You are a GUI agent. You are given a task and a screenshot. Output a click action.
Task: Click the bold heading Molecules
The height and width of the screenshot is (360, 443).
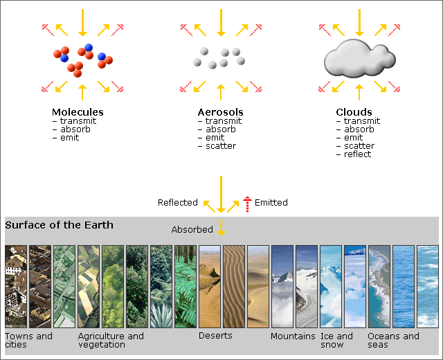coord(78,112)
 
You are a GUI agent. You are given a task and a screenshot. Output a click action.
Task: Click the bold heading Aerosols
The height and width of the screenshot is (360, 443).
coord(220,112)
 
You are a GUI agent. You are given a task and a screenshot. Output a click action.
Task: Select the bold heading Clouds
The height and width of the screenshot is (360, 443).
coord(354,112)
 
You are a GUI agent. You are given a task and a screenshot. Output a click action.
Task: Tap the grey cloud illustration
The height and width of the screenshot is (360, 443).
coord(359,58)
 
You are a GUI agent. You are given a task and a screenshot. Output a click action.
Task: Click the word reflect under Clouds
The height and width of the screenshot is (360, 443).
coord(357,154)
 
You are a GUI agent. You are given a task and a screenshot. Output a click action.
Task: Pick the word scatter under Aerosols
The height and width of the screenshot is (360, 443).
coord(221,146)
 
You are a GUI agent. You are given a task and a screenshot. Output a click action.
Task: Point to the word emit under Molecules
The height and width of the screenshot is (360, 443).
coord(69,138)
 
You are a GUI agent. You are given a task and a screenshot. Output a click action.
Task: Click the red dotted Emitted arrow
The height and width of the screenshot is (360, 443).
coord(247,204)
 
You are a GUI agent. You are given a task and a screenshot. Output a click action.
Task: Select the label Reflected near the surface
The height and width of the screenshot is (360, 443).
coord(178,203)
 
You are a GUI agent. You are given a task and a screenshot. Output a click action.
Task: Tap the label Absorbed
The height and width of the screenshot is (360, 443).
coord(192,229)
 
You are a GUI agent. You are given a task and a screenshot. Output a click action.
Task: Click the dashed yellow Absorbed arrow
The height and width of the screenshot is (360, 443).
coord(221,228)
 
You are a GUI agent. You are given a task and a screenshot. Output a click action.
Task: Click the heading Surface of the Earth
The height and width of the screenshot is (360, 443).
coord(59,225)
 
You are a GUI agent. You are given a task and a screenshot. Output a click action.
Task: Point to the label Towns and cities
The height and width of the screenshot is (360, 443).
coord(28,340)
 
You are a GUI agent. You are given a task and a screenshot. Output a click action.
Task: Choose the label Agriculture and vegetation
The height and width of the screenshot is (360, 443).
coord(111,340)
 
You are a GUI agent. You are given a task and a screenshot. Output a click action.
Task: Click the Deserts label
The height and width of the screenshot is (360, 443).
coord(215,336)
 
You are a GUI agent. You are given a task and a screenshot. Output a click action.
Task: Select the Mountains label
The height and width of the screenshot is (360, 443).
coord(293,336)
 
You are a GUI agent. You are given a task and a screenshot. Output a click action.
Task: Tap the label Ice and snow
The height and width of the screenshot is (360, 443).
coord(336,340)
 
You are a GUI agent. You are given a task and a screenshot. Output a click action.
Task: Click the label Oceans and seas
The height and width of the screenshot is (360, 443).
coord(393,340)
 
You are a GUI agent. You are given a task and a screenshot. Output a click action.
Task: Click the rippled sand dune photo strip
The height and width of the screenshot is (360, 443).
coord(234,287)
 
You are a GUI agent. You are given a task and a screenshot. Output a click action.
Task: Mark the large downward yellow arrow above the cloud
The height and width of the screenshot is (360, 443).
coord(359,23)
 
